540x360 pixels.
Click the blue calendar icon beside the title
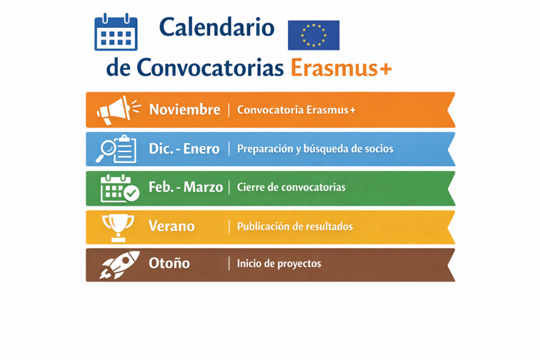pos(116,33)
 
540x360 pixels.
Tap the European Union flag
pos(314,35)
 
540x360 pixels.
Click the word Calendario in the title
pos(217,27)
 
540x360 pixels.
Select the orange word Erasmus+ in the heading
pos(341,68)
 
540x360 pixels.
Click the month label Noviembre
pos(185,110)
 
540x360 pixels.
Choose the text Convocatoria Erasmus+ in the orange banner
pos(297,110)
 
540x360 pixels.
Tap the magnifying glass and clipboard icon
pos(116,149)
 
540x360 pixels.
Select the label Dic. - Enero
pos(184,149)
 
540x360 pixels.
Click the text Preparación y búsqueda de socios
pos(315,149)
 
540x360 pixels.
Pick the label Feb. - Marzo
pos(186,187)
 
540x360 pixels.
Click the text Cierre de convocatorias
pos(291,187)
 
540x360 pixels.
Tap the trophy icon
pos(118,227)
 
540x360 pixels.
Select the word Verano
pos(172,226)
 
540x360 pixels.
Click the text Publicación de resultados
pos(295,226)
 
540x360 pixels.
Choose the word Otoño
pos(169,263)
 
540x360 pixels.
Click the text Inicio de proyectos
pos(279,263)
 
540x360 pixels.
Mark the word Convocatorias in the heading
pos(210,68)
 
